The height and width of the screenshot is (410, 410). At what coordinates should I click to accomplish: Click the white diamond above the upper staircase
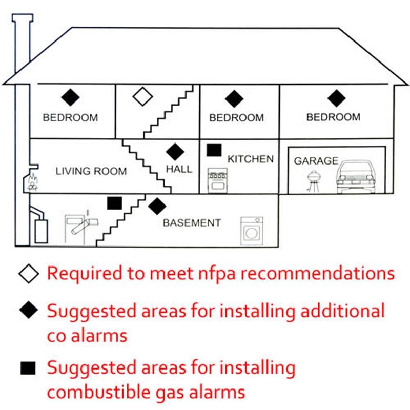[142, 96]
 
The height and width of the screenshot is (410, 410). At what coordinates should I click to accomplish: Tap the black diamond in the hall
[175, 151]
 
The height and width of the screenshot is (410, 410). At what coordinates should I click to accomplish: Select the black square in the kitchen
[214, 150]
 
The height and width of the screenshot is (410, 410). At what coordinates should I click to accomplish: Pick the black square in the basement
[114, 203]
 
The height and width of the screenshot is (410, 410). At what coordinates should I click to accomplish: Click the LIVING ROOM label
[91, 171]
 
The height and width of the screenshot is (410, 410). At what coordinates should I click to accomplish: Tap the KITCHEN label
[250, 159]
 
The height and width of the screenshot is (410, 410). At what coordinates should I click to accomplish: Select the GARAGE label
[316, 161]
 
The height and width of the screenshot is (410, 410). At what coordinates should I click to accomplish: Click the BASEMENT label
[192, 223]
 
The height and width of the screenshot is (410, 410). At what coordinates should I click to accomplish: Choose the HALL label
[179, 169]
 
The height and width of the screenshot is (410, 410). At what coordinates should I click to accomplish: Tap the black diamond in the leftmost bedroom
[70, 96]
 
